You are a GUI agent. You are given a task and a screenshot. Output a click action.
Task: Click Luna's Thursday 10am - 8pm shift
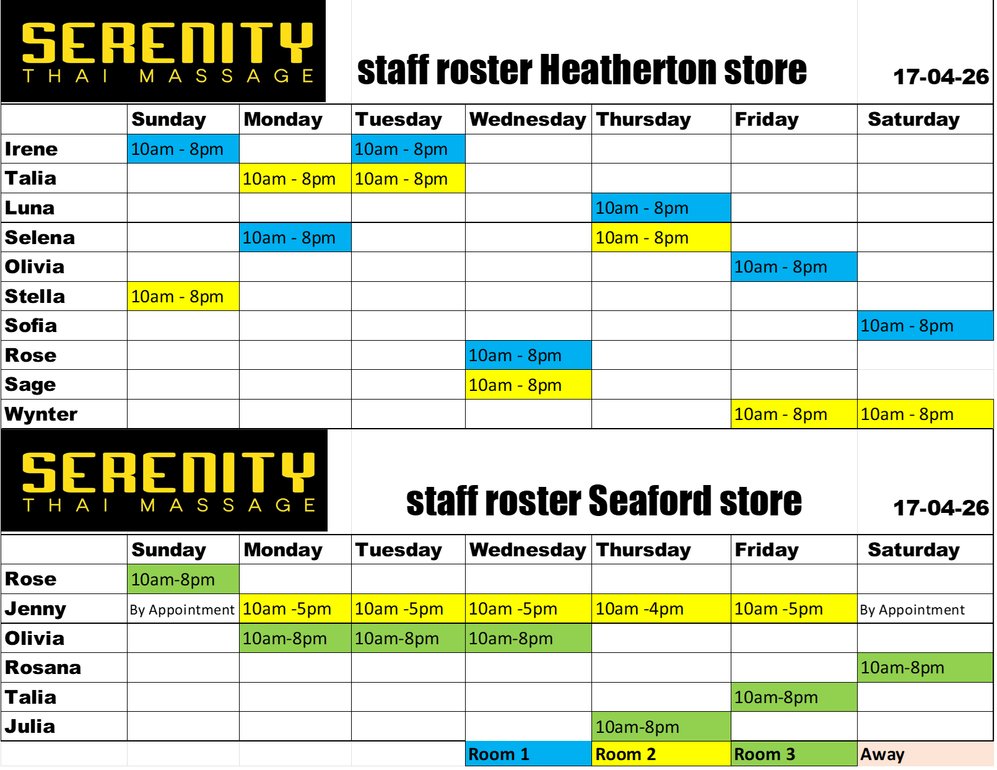[661, 208]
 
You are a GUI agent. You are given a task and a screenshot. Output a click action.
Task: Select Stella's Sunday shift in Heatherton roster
[183, 297]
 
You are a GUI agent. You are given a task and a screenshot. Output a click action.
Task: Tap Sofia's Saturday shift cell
[925, 326]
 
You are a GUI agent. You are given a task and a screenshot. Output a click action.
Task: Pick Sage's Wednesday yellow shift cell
[529, 385]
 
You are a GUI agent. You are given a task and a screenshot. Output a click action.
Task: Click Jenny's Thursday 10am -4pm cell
[661, 609]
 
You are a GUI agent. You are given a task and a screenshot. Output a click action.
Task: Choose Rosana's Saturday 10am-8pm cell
[925, 668]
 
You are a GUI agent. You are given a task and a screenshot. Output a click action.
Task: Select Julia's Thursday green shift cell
[661, 727]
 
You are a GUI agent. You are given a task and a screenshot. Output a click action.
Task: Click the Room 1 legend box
[529, 754]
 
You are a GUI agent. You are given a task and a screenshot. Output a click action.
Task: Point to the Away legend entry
[925, 754]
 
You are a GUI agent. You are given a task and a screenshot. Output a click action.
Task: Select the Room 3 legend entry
[795, 754]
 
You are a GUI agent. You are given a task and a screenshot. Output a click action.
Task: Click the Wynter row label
[41, 414]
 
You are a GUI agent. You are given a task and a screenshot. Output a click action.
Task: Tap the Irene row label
[31, 149]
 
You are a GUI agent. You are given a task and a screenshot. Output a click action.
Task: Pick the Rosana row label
[43, 668]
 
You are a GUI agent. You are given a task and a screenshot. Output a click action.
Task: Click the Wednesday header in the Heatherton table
[528, 120]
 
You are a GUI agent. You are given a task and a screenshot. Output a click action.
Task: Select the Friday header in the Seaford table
[767, 549]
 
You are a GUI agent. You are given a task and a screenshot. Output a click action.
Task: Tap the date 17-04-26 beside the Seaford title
[941, 508]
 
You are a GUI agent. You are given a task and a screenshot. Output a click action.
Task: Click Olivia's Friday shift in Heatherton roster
[795, 266]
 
